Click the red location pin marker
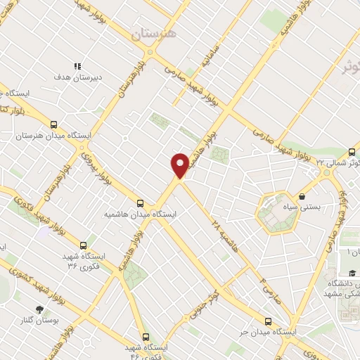180,165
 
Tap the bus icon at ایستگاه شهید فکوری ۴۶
146,336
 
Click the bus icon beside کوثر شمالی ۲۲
352,152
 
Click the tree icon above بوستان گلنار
40,309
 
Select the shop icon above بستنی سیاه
302,196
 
